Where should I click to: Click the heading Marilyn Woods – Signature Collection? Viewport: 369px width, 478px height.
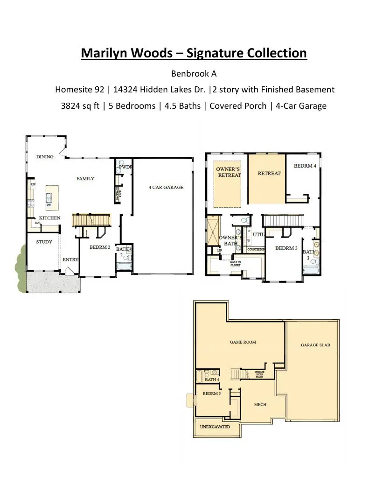click(x=194, y=53)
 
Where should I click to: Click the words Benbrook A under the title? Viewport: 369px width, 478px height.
click(x=194, y=74)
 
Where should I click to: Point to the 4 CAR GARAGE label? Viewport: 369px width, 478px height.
click(x=166, y=188)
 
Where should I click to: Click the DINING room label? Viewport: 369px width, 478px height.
click(x=45, y=157)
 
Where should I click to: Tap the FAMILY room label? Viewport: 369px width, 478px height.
click(x=85, y=179)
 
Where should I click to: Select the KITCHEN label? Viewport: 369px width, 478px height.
click(x=49, y=218)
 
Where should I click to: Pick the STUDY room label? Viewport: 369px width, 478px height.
click(x=44, y=242)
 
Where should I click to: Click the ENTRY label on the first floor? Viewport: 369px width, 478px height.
click(x=70, y=260)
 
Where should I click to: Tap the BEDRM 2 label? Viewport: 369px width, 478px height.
click(x=100, y=247)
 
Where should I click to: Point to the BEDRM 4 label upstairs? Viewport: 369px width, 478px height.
click(x=305, y=166)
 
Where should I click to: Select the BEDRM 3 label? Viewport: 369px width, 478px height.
click(x=286, y=248)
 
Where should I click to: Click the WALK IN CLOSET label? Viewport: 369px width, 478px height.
click(x=235, y=263)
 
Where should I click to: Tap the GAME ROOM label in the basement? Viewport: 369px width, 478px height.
click(x=243, y=342)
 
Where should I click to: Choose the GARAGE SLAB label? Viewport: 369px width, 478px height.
click(x=315, y=345)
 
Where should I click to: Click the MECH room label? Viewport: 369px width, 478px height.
click(x=260, y=405)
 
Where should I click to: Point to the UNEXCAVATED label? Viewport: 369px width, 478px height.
click(x=215, y=427)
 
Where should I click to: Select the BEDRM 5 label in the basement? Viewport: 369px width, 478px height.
click(x=211, y=394)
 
